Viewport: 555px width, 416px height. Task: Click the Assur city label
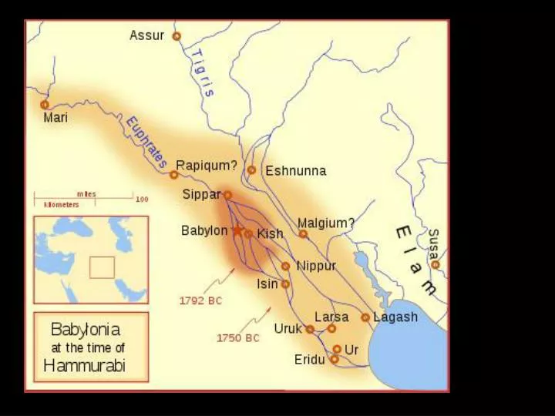pos(146,35)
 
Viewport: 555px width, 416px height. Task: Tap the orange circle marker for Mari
pos(45,104)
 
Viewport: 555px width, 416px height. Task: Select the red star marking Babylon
pos(237,231)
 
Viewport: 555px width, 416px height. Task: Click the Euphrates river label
pos(146,143)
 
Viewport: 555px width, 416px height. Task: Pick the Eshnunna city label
pos(295,171)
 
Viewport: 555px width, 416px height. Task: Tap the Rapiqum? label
pos(207,165)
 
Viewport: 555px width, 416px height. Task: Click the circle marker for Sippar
pos(227,195)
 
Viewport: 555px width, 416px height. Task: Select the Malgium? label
pos(326,223)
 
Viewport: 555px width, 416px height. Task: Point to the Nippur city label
pos(316,266)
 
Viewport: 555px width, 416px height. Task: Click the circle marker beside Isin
pos(285,284)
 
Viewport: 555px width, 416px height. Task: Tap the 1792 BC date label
pos(200,300)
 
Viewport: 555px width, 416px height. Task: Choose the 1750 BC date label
pos(237,337)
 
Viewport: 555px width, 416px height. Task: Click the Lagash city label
pos(395,317)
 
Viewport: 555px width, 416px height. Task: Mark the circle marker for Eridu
pos(334,359)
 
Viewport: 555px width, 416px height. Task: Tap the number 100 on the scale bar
pos(142,200)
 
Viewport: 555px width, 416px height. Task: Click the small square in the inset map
pos(102,267)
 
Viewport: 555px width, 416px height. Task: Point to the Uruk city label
pos(288,328)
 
